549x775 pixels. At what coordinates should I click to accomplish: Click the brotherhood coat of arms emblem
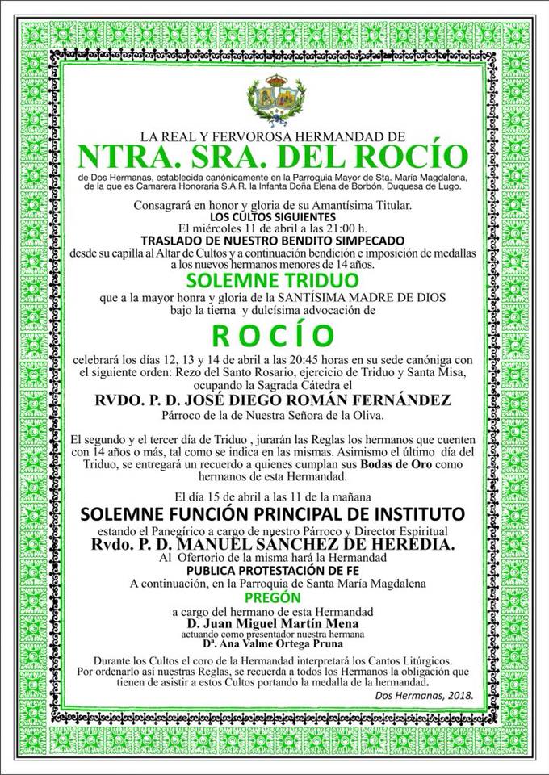(274, 100)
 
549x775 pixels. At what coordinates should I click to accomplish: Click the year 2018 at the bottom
(458, 696)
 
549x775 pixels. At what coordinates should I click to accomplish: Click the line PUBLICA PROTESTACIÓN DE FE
(274, 568)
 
